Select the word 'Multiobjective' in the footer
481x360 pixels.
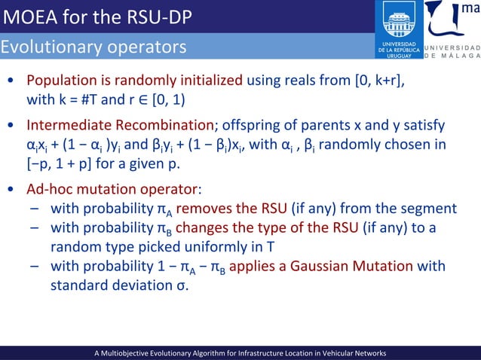130,352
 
